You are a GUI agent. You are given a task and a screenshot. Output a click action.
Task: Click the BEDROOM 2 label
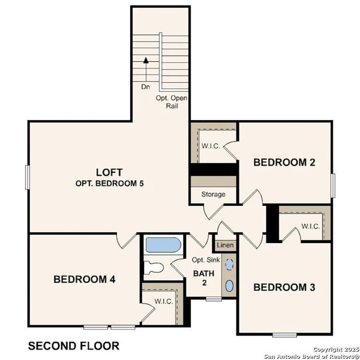[284, 162]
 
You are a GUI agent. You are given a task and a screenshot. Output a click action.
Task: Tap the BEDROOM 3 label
[284, 287]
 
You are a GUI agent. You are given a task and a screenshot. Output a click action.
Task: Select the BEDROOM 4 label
[85, 279]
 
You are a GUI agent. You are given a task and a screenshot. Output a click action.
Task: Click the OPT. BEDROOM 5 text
[110, 183]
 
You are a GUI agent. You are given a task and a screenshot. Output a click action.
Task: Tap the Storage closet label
[213, 194]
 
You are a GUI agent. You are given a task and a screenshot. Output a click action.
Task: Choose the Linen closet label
[225, 245]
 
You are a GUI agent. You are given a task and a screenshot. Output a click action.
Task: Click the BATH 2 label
[200, 278]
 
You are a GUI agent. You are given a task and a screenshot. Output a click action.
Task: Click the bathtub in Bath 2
[162, 245]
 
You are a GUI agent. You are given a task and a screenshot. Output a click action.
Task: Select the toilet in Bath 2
[155, 268]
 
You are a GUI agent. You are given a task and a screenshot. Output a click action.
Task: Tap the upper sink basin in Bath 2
[229, 263]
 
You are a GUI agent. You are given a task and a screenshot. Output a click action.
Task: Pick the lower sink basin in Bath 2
[229, 285]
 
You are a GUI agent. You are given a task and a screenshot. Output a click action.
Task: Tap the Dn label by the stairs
[145, 86]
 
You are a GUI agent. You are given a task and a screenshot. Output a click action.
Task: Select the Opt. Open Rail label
[172, 102]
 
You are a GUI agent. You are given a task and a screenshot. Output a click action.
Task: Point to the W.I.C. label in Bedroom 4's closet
[163, 301]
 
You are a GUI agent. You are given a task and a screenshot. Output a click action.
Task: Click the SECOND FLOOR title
[74, 346]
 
